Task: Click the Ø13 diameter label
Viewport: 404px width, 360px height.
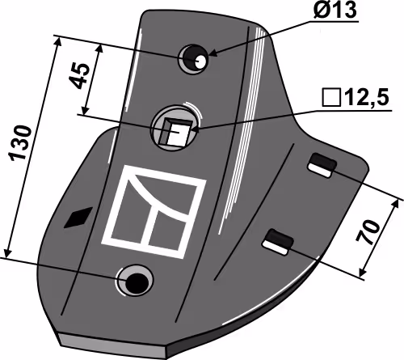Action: [x=335, y=10]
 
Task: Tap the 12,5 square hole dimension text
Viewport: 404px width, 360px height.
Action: [x=367, y=98]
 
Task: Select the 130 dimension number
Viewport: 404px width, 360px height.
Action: [x=20, y=142]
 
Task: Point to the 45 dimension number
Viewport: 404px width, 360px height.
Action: [x=79, y=76]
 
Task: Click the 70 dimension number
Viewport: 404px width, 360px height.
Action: [x=368, y=232]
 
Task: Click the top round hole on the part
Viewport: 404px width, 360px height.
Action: [x=193, y=58]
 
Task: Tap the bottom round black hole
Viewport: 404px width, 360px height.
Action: [x=137, y=282]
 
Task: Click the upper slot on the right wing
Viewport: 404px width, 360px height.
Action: [x=322, y=165]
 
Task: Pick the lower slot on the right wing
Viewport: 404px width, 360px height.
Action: [x=278, y=242]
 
